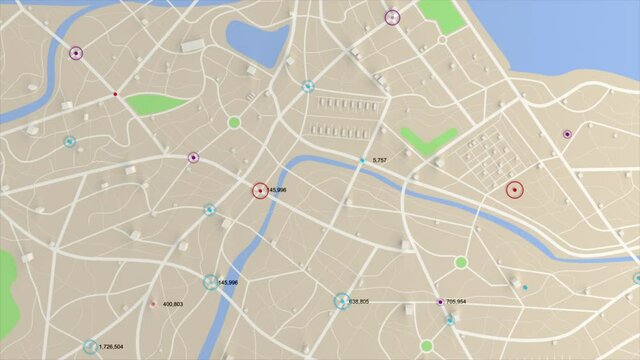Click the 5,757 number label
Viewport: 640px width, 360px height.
[379, 160]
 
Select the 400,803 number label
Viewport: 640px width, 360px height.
[172, 304]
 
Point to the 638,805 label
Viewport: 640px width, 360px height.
[358, 301]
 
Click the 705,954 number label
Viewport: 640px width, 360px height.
[456, 301]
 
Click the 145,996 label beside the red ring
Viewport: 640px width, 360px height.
[276, 190]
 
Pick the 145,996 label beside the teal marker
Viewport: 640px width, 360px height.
[227, 283]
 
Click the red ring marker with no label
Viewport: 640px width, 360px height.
[515, 189]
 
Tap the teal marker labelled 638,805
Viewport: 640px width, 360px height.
[341, 300]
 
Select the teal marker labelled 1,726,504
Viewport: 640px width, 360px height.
[90, 347]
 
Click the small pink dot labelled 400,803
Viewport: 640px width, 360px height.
[153, 304]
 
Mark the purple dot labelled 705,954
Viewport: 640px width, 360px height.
[440, 301]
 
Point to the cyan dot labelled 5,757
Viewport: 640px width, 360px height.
[363, 160]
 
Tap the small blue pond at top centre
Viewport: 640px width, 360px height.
[256, 41]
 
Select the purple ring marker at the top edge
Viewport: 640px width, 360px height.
[392, 17]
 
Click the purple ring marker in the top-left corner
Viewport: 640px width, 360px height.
[76, 53]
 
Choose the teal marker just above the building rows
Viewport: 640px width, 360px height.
[308, 86]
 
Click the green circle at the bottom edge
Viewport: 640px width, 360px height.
[427, 346]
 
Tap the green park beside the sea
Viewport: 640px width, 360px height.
[441, 15]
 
